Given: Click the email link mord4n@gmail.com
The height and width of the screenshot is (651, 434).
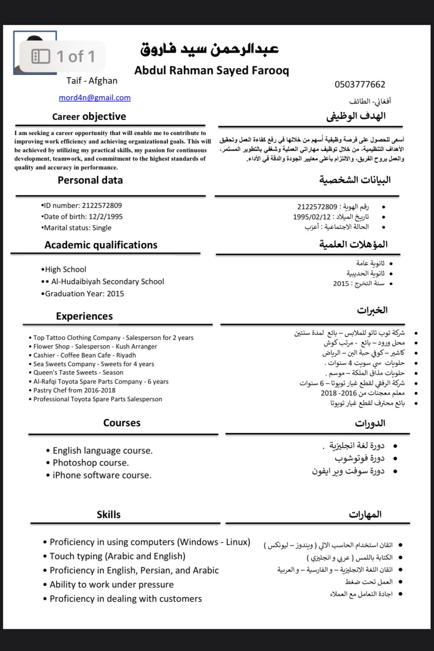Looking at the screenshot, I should pyautogui.click(x=95, y=98).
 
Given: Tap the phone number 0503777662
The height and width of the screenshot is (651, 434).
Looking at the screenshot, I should pyautogui.click(x=360, y=84).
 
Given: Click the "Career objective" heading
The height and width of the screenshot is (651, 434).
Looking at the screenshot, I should pyautogui.click(x=89, y=116).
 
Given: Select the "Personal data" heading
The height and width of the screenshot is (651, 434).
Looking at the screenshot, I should pyautogui.click(x=90, y=180).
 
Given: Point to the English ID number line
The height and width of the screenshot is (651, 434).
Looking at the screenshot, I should pyautogui.click(x=82, y=206).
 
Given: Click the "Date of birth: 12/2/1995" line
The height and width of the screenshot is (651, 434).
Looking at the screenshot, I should pyautogui.click(x=82, y=217).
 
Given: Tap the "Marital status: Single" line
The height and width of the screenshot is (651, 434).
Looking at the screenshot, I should pyautogui.click(x=77, y=228).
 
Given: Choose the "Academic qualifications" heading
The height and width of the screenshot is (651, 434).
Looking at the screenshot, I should pyautogui.click(x=101, y=245).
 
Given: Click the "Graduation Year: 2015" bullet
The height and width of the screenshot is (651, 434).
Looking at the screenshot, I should pyautogui.click(x=83, y=294).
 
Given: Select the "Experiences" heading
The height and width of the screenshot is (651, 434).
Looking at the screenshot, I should pyautogui.click(x=84, y=316).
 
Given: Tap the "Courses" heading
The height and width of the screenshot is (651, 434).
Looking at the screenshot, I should pyautogui.click(x=122, y=423).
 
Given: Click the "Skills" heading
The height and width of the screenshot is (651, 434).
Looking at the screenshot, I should pyautogui.click(x=108, y=515).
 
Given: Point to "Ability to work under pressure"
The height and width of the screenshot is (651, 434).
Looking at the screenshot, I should pyautogui.click(x=111, y=585).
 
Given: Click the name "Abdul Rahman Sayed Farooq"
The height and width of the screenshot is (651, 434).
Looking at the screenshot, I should pyautogui.click(x=211, y=70).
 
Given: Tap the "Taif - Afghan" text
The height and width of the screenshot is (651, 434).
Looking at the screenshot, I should pyautogui.click(x=92, y=81).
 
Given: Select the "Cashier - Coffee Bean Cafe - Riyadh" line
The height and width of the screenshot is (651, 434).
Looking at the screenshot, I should pyautogui.click(x=84, y=355).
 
